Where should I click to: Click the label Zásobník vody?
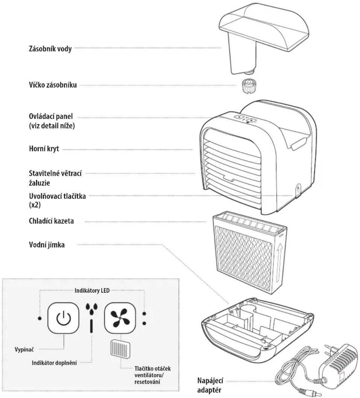point(50,48)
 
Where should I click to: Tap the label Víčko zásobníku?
point(53,85)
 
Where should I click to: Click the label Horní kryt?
point(44,149)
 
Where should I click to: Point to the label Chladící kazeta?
point(51,221)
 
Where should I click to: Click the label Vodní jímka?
point(47,245)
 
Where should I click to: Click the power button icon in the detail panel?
point(63,318)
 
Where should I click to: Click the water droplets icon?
point(92,308)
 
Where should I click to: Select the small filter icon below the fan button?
point(120,349)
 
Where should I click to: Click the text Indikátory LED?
point(92,291)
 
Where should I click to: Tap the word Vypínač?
point(24,349)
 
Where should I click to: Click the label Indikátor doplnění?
point(54,363)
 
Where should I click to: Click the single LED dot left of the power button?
point(40,318)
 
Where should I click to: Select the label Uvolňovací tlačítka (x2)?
point(57,200)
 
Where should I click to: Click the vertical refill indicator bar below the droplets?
point(91,326)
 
